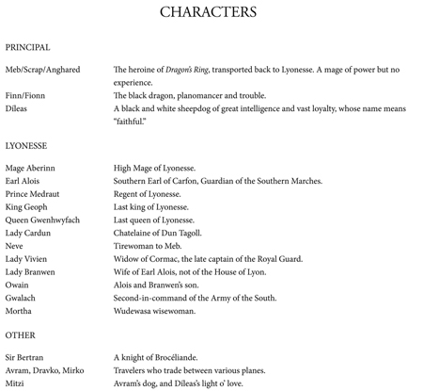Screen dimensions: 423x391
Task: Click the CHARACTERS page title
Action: pyautogui.click(x=208, y=12)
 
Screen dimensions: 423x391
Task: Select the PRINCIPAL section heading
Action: pyautogui.click(x=27, y=47)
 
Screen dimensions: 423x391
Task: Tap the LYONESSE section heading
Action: pyautogui.click(x=25, y=146)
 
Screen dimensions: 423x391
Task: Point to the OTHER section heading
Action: pyautogui.click(x=20, y=334)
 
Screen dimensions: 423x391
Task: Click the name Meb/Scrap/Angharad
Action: pyautogui.click(x=42, y=70)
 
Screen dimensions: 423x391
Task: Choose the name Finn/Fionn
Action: pyautogui.click(x=25, y=95)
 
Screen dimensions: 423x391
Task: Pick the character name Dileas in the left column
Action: pyautogui.click(x=16, y=108)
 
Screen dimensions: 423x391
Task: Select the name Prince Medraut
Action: pyautogui.click(x=32, y=194)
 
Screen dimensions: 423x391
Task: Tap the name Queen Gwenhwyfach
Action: pyautogui.click(x=42, y=220)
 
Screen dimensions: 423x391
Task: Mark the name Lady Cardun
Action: pyautogui.click(x=28, y=233)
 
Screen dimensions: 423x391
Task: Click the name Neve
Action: pyautogui.click(x=14, y=246)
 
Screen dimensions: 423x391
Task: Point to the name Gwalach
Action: pyautogui.click(x=21, y=298)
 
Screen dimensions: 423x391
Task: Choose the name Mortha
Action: pyautogui.click(x=18, y=311)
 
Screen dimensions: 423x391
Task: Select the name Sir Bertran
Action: pyautogui.click(x=25, y=357)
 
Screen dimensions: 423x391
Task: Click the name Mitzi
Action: pyautogui.click(x=15, y=383)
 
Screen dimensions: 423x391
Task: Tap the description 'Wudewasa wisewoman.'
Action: pyautogui.click(x=154, y=311)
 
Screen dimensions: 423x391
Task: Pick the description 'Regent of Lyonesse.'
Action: pyautogui.click(x=147, y=194)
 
